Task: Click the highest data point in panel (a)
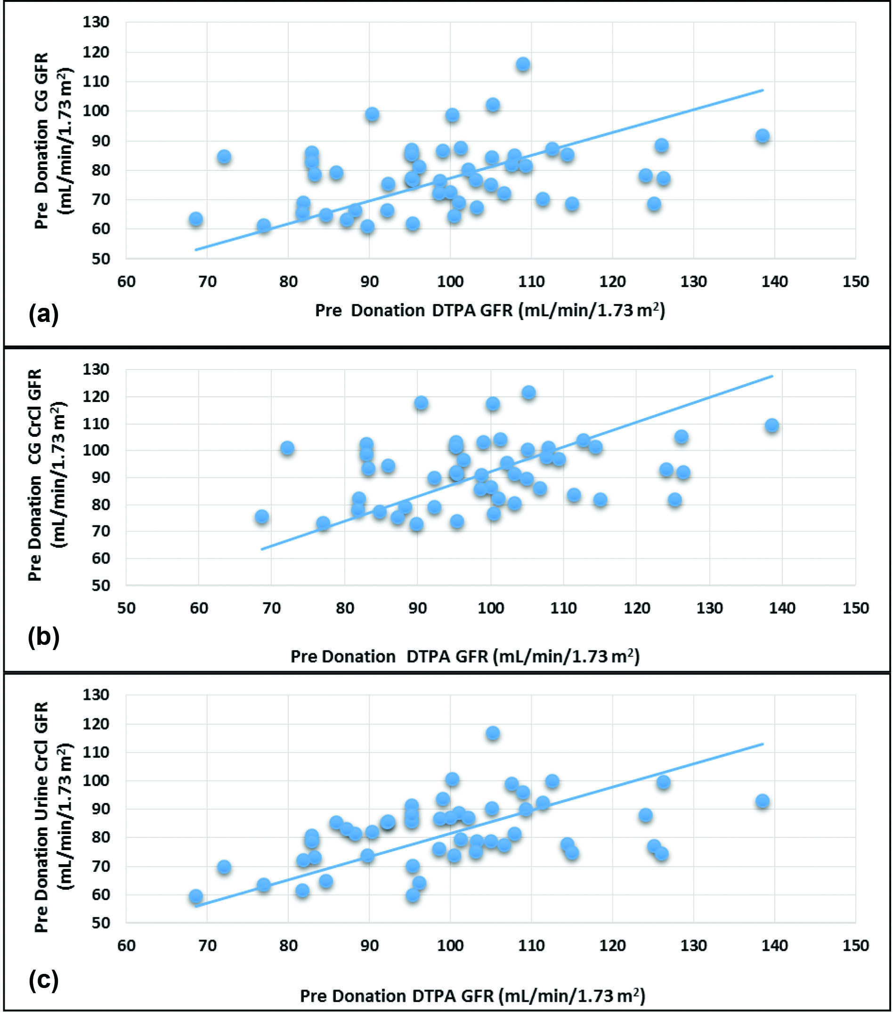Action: [x=523, y=64]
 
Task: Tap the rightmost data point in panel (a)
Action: [x=762, y=136]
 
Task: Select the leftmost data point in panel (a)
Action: [x=195, y=219]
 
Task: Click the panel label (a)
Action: [x=44, y=314]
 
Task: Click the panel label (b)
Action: [x=44, y=637]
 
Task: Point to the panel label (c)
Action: [x=44, y=980]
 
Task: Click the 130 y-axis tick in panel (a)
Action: [x=96, y=22]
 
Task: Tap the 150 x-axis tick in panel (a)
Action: [x=855, y=282]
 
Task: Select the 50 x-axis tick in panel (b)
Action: [x=126, y=608]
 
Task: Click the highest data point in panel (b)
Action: [x=528, y=393]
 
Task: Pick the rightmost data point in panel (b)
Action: [x=771, y=426]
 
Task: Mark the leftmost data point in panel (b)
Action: [x=261, y=517]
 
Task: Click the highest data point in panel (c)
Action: [x=492, y=733]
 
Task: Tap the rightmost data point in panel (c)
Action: [x=762, y=801]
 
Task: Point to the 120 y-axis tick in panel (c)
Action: [x=96, y=724]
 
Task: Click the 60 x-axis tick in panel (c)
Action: [x=126, y=946]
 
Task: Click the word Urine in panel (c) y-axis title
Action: [x=41, y=797]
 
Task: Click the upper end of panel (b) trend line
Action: [x=772, y=376]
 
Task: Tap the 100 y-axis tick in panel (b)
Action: [x=96, y=450]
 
